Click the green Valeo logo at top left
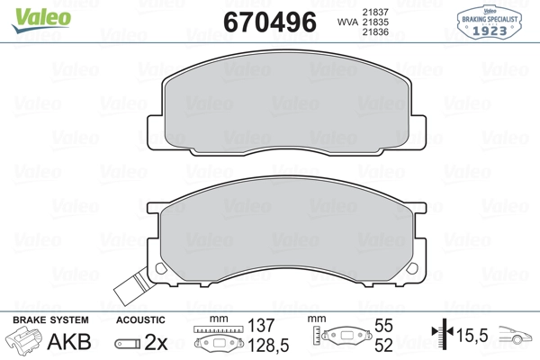click(x=41, y=20)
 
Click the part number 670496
click(x=270, y=22)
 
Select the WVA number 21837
click(x=375, y=12)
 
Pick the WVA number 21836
click(x=375, y=32)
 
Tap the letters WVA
click(x=347, y=22)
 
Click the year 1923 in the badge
click(x=490, y=31)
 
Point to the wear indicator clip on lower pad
click(x=132, y=287)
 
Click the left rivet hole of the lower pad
click(x=160, y=268)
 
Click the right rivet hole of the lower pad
click(x=412, y=268)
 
